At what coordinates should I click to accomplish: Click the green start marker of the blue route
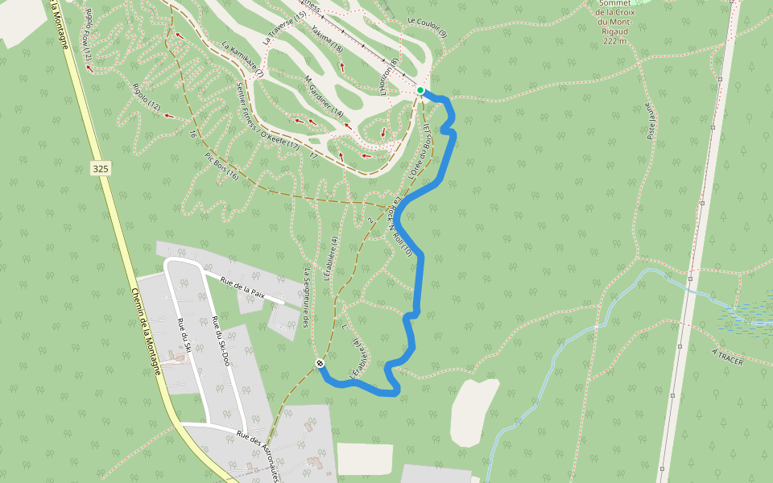(420, 90)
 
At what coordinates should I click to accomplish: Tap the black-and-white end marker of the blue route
(320, 364)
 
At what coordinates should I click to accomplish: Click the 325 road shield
(101, 168)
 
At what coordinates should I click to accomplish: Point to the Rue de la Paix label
(242, 288)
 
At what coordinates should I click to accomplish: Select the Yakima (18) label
(327, 39)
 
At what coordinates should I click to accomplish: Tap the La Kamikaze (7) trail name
(242, 60)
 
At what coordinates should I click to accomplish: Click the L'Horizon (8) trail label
(389, 77)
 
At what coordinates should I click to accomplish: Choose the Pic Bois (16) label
(221, 164)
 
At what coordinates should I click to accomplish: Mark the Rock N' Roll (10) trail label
(400, 229)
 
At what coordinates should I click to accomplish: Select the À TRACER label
(727, 357)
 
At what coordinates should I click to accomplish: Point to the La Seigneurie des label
(307, 297)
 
